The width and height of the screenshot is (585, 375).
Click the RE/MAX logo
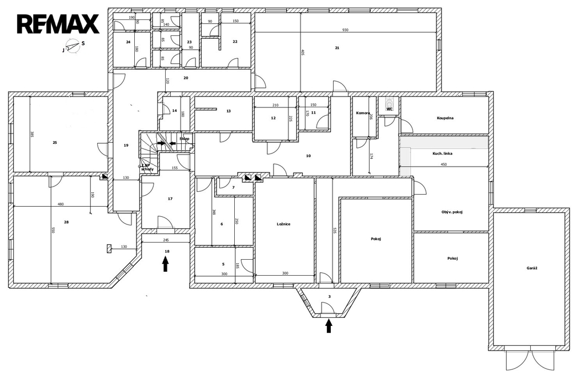coord(58,24)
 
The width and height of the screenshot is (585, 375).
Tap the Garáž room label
coord(532,268)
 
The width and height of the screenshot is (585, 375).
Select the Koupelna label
coord(445,118)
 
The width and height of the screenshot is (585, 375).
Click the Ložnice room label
coord(283,224)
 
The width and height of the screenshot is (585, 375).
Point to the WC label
coord(390,109)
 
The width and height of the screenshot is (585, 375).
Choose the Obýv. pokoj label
coord(452,212)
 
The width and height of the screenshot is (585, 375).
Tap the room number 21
coord(337,48)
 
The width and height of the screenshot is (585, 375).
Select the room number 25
coord(55,143)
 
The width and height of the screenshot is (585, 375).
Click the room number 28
coord(66,221)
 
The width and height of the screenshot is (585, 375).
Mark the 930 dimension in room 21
coord(345,30)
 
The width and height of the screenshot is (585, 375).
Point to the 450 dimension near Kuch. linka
coord(443,164)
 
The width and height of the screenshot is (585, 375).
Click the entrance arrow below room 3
coord(328,325)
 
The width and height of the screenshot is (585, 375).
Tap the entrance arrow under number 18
coord(166,263)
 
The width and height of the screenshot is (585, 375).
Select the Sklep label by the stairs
coord(184,139)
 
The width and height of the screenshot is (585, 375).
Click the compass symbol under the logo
coord(73,46)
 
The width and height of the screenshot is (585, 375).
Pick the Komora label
coord(363,113)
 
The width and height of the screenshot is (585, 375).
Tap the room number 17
coord(170,199)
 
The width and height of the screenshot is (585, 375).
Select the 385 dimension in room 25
coord(32,135)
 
